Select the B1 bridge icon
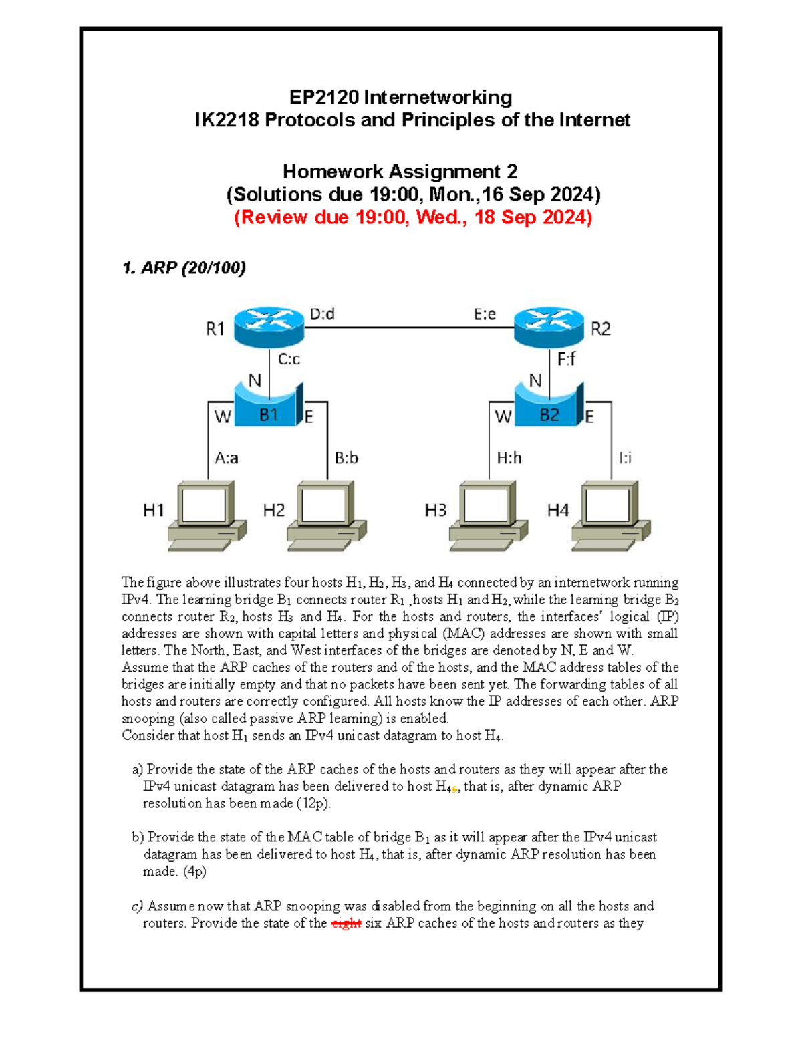pyautogui.click(x=269, y=405)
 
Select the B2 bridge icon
pyautogui.click(x=549, y=405)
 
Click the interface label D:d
pyautogui.click(x=322, y=314)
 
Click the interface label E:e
pyautogui.click(x=485, y=314)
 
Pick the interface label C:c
pyautogui.click(x=289, y=360)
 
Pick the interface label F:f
pyautogui.click(x=566, y=360)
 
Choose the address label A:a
pyautogui.click(x=226, y=458)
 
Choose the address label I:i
pyautogui.click(x=625, y=458)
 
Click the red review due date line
pyautogui.click(x=412, y=217)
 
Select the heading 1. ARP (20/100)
pyautogui.click(x=184, y=268)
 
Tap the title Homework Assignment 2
pyautogui.click(x=400, y=172)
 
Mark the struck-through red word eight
pyautogui.click(x=346, y=924)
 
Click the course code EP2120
pyautogui.click(x=325, y=98)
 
